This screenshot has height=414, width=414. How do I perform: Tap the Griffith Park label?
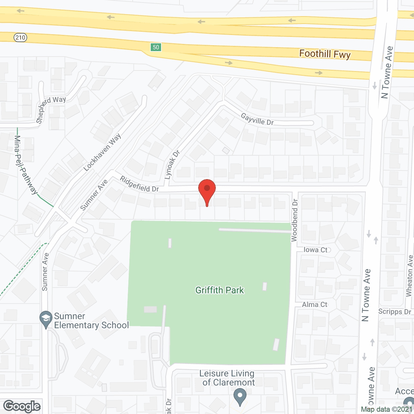220,290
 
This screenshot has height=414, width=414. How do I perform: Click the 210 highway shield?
20,38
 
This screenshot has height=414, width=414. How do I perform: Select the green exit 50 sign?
156,47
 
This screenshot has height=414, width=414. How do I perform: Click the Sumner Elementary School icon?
46,319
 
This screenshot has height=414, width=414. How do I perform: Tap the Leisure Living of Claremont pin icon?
240,396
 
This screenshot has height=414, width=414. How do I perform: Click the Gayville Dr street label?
257,119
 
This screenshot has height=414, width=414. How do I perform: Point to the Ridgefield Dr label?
139,184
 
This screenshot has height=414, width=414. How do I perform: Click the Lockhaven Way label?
102,152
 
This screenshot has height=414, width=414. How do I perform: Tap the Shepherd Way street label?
51,109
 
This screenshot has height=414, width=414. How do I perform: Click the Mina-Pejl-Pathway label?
26,165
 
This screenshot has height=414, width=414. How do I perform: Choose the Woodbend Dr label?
294,220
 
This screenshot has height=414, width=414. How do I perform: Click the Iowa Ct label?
315,250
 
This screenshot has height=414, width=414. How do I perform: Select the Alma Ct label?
315,305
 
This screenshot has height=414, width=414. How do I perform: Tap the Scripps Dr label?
395,311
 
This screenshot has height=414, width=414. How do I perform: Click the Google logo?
22,406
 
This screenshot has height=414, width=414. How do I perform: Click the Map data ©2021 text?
387,409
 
